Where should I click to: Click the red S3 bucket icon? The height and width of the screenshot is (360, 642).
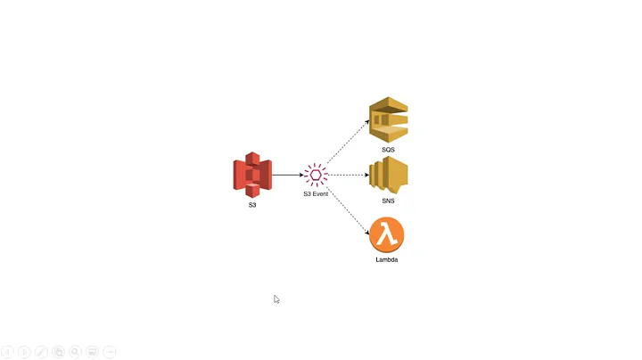point(252,175)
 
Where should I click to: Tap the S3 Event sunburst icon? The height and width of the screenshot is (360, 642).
point(316,175)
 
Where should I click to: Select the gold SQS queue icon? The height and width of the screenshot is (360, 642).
point(389,119)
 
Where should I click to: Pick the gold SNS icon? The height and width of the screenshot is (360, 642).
point(389,176)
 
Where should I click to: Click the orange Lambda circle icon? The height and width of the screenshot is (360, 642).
point(387,235)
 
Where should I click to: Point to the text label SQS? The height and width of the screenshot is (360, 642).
point(388,150)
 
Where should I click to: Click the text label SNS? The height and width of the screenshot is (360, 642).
point(388,201)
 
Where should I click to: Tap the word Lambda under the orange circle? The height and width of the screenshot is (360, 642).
point(387,260)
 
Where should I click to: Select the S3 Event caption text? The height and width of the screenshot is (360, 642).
point(316,193)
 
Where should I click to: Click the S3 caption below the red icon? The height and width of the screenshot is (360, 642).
point(252,206)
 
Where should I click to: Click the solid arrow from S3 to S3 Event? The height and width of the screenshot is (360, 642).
point(287,175)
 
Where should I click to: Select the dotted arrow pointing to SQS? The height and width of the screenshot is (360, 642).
point(349,142)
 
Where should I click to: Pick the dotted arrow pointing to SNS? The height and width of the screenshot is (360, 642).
point(350,175)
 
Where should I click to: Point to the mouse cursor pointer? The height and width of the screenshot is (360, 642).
point(276,299)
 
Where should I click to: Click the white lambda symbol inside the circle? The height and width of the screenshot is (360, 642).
point(386,235)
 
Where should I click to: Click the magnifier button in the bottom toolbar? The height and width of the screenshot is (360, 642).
point(76,352)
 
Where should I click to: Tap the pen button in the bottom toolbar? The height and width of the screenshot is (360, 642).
point(41,352)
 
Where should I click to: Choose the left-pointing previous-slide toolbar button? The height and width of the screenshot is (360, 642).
point(7,352)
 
